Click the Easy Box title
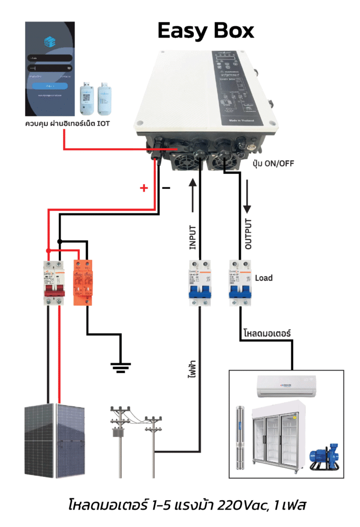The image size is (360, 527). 206,31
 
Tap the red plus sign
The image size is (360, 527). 145,188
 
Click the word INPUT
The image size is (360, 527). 192,238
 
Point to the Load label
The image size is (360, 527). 263,278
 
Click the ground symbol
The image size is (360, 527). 121,366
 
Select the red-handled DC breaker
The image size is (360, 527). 53,283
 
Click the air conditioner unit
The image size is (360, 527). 286,384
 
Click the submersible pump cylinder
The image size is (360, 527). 240,437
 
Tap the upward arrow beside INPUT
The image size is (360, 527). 193,196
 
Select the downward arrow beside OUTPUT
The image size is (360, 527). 247,196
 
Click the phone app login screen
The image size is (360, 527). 49,69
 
